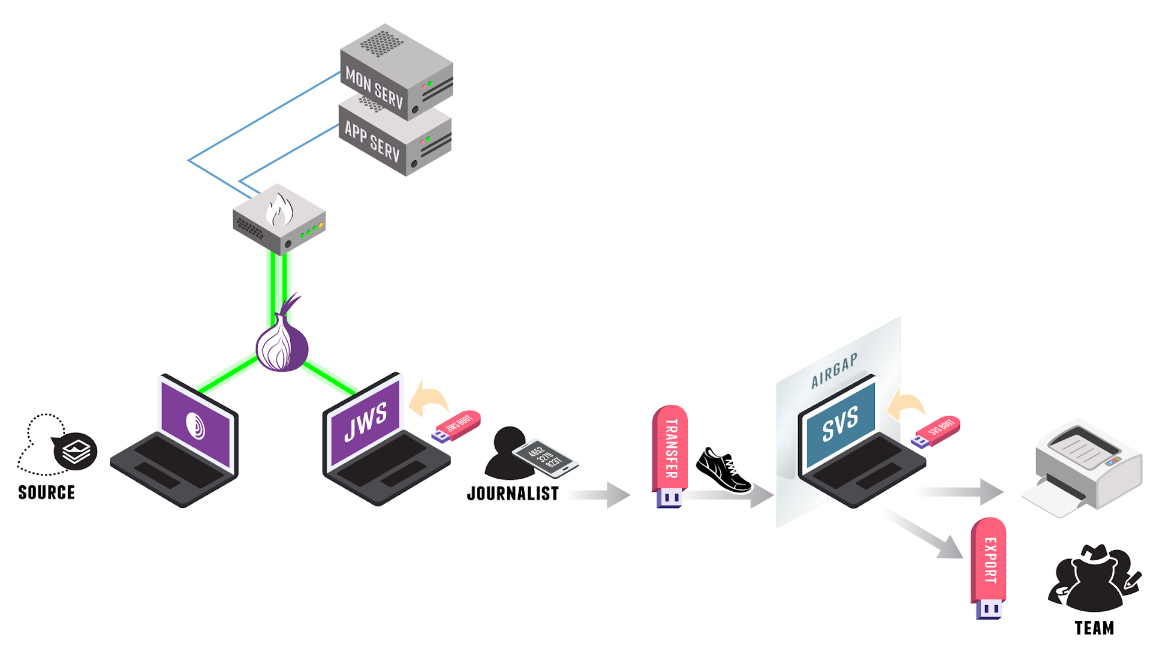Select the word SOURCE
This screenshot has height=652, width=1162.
[x=46, y=492]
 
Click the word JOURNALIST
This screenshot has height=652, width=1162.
[x=513, y=494]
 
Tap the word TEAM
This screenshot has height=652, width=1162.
[x=1094, y=628]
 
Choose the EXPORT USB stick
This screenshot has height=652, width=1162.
[x=989, y=567]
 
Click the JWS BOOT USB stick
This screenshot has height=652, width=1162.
[x=457, y=426]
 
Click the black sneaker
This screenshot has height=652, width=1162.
[x=723, y=470]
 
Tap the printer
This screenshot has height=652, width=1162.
[x=1085, y=468]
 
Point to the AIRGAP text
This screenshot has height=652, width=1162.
[x=834, y=371]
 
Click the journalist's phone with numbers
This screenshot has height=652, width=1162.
[x=544, y=458]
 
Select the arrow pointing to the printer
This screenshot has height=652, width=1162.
[x=959, y=492]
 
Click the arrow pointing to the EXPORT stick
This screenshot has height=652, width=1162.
[x=926, y=534]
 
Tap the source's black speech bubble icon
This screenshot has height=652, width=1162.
[x=76, y=451]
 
